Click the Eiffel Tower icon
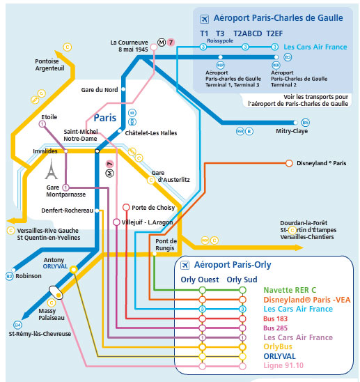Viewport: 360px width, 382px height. [52, 169]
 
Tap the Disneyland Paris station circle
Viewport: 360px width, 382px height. [289, 163]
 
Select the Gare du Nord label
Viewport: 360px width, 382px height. [100, 90]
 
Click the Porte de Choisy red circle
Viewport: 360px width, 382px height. [126, 207]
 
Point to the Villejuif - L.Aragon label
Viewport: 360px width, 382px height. [147, 222]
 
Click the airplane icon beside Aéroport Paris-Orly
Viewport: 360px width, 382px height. [185, 265]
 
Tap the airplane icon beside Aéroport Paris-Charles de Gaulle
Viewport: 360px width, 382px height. [204, 19]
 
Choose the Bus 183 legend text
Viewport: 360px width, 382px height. [275, 319]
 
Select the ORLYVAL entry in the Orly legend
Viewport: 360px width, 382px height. [279, 356]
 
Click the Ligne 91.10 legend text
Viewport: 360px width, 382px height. [283, 365]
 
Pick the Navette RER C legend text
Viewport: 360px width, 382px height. [290, 290]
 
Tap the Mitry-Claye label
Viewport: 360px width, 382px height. [292, 131]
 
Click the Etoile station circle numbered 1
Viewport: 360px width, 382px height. [42, 124]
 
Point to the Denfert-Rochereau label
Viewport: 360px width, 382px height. [67, 211]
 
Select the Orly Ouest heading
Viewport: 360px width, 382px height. [200, 280]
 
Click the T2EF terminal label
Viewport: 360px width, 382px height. [274, 33]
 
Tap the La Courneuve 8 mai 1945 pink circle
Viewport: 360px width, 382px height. [154, 47]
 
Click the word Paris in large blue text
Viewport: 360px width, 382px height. [105, 118]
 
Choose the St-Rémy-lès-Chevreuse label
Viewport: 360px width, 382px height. [40, 334]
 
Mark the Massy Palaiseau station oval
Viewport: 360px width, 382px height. [56, 292]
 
